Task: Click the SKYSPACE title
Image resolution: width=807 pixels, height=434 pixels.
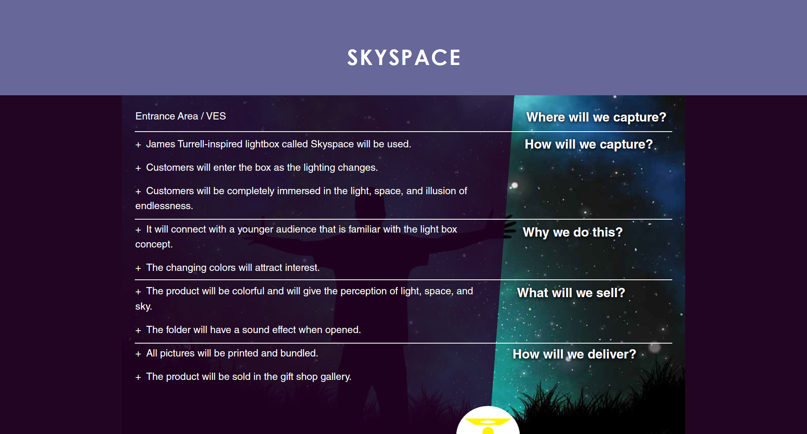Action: pyautogui.click(x=404, y=57)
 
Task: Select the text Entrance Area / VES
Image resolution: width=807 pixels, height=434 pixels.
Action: pyautogui.click(x=180, y=116)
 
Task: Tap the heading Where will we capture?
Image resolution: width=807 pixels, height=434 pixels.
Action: pyautogui.click(x=596, y=117)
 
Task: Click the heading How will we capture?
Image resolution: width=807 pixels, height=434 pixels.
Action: pyautogui.click(x=589, y=144)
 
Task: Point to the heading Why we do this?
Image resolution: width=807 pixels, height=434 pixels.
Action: pyautogui.click(x=573, y=232)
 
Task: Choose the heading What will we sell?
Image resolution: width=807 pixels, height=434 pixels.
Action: pyautogui.click(x=571, y=293)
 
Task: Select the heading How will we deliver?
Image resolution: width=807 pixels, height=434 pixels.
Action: pyautogui.click(x=574, y=354)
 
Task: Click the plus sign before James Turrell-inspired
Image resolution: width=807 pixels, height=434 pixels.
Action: pyautogui.click(x=138, y=145)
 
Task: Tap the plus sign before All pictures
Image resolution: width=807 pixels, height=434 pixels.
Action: pyautogui.click(x=138, y=354)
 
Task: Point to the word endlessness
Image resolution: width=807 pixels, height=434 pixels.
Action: pyautogui.click(x=164, y=206)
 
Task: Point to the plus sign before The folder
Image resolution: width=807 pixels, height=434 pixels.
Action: pyautogui.click(x=138, y=331)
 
